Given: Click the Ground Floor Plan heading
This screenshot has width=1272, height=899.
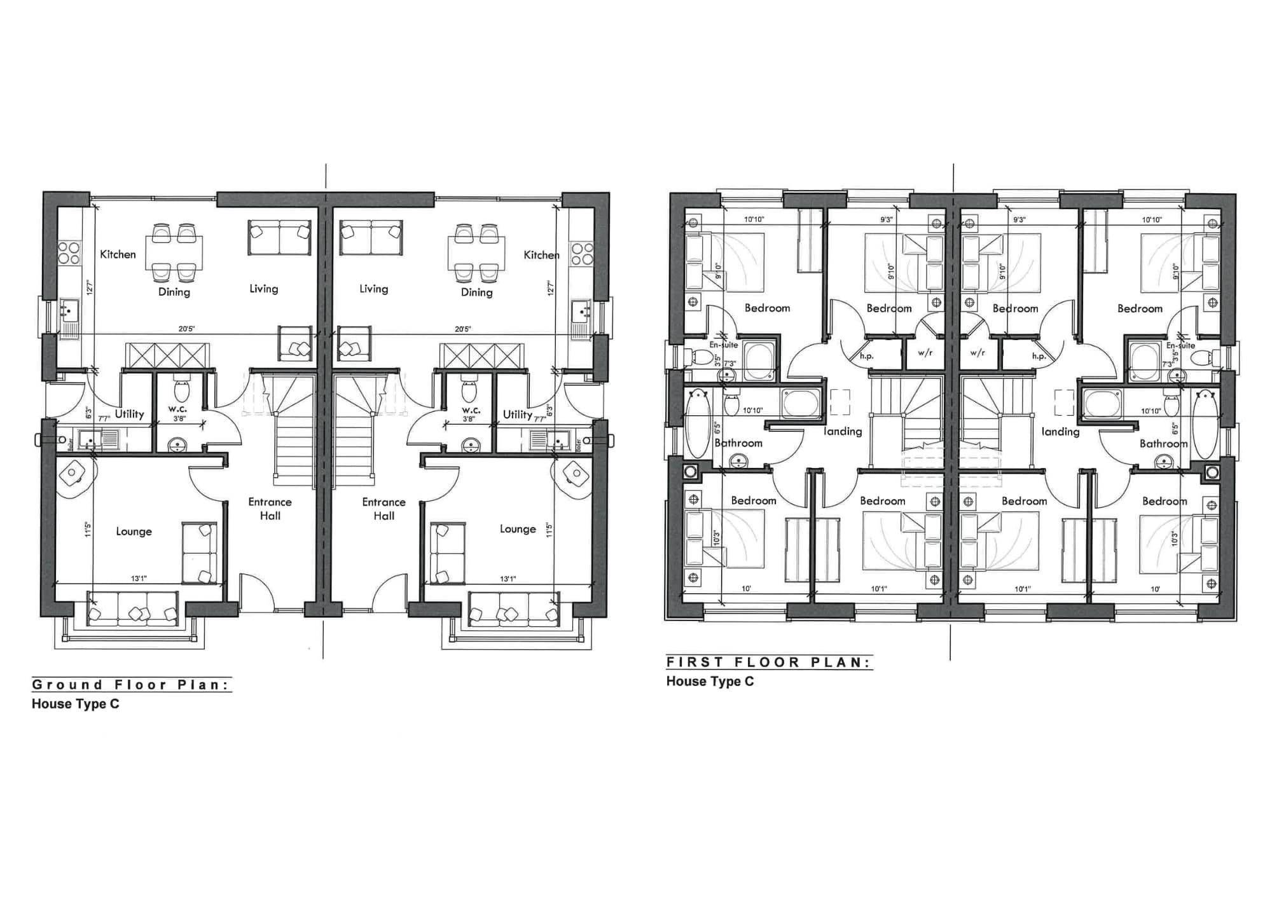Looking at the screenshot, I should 131,685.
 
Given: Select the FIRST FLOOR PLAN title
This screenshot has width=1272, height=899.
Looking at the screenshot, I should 768,662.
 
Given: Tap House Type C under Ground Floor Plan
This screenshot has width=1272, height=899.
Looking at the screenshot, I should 75,704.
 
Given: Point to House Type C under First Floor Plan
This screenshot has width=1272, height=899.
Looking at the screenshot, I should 710,681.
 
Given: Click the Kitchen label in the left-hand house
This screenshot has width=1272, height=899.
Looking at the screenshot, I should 118,254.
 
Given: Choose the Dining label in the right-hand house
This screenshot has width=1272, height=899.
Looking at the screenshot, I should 476,292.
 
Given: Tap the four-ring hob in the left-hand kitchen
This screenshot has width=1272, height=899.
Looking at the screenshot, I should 69,252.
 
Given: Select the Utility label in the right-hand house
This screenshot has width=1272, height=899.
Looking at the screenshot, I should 517,414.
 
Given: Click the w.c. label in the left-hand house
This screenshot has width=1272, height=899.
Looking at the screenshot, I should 177,409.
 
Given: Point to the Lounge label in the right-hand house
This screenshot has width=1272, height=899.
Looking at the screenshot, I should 517,529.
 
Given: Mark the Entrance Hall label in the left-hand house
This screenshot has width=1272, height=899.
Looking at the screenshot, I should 270,509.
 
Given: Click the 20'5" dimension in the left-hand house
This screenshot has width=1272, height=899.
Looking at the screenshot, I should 186,329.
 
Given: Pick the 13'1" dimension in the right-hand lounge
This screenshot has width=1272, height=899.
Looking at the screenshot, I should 508,579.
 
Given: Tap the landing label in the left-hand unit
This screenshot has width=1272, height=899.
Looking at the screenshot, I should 843,431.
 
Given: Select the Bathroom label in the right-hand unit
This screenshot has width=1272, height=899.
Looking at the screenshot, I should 1163,443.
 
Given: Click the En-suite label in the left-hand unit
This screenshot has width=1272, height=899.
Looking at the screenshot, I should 724,345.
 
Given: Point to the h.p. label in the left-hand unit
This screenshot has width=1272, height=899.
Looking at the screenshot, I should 866,356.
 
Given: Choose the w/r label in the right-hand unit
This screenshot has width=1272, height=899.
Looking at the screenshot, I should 978,352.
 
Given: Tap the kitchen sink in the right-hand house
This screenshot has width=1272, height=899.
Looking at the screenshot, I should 581,312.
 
